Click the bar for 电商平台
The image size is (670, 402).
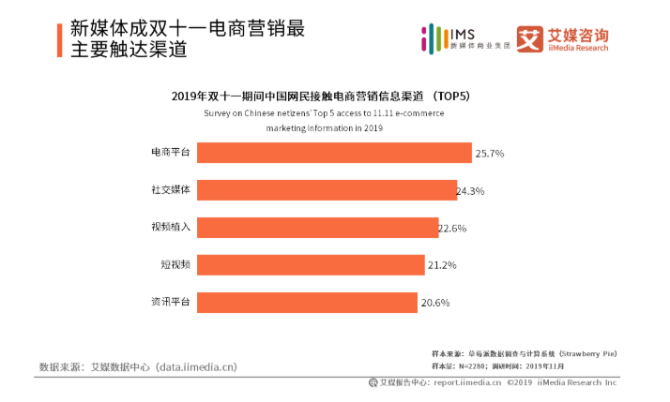pos(334,153)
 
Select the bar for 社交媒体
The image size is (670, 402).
pos(327,190)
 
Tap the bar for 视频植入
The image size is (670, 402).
pos(317,228)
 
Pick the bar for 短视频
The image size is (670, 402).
pos(311,265)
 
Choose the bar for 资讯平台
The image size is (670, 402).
pos(307,303)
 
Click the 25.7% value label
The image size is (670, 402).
pos(490,153)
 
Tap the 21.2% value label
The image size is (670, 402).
pos(441,265)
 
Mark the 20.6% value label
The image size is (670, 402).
pos(435,303)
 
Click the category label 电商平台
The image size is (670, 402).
pos(171,152)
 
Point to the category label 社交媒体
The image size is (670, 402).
pos(171,189)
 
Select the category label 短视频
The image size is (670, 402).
pos(175,264)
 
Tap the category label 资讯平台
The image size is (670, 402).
pos(171,302)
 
